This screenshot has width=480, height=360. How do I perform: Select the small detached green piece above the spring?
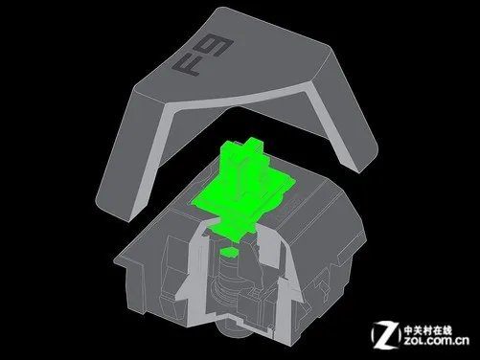[230, 252]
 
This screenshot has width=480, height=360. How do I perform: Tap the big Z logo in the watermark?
[386, 335]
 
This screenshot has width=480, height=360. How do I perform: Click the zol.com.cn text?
[436, 341]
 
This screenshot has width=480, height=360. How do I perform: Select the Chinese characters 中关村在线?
[428, 329]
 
